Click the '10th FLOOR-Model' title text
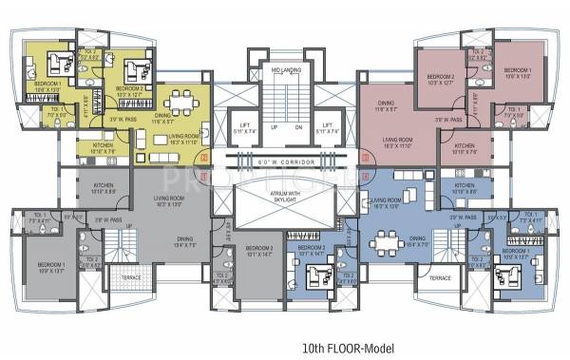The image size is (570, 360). [284, 347]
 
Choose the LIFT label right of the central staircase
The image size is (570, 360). [328, 128]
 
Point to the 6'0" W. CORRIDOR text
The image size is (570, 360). [285, 163]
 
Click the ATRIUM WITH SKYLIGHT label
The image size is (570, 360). [285, 194]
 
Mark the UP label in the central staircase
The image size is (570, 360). [274, 127]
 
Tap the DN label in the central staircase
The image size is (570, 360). [297, 127]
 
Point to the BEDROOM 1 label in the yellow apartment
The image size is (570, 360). [47, 86]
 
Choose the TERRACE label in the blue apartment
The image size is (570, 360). [439, 278]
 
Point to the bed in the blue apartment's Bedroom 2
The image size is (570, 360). [313, 279]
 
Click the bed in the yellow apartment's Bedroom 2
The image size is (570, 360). [134, 69]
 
